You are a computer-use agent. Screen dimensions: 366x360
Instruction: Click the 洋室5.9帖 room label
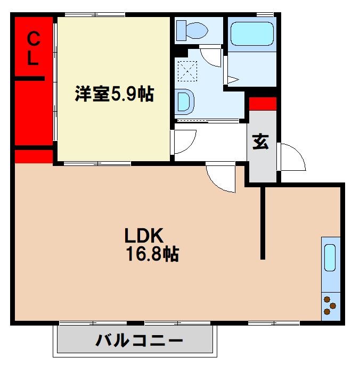(114, 95)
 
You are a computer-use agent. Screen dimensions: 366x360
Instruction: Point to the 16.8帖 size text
(152, 254)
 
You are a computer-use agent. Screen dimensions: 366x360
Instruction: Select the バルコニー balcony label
(140, 340)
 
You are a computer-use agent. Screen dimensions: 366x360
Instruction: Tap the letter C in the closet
(33, 38)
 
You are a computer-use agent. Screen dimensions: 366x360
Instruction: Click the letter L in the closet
(33, 59)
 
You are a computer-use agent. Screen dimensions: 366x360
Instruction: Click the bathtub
(251, 34)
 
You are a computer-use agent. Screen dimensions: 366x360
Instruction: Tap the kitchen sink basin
(330, 257)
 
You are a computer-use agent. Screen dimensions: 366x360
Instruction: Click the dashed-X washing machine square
(187, 71)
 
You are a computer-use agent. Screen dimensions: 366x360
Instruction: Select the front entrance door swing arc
(292, 157)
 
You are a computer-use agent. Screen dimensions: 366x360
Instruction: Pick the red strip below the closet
(34, 156)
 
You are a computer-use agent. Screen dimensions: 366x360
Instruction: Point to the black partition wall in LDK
(263, 223)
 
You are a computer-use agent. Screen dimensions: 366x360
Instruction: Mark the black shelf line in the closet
(29, 79)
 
